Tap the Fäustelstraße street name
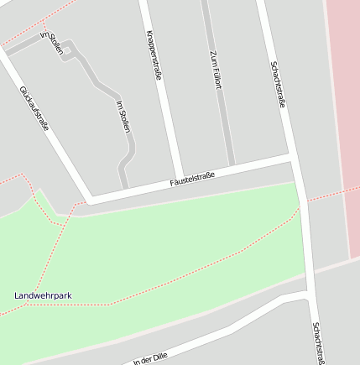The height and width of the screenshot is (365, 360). pos(192,178)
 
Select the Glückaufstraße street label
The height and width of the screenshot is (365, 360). pos(34,108)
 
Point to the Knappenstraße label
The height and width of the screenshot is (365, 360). pos(154,55)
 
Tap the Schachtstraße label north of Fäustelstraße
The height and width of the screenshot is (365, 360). pos(279,85)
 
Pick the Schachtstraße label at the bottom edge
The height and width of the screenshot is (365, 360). pos(317,343)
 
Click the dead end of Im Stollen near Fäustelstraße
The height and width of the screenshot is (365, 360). pos(124,186)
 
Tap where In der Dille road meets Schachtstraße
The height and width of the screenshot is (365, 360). pos(309,296)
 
